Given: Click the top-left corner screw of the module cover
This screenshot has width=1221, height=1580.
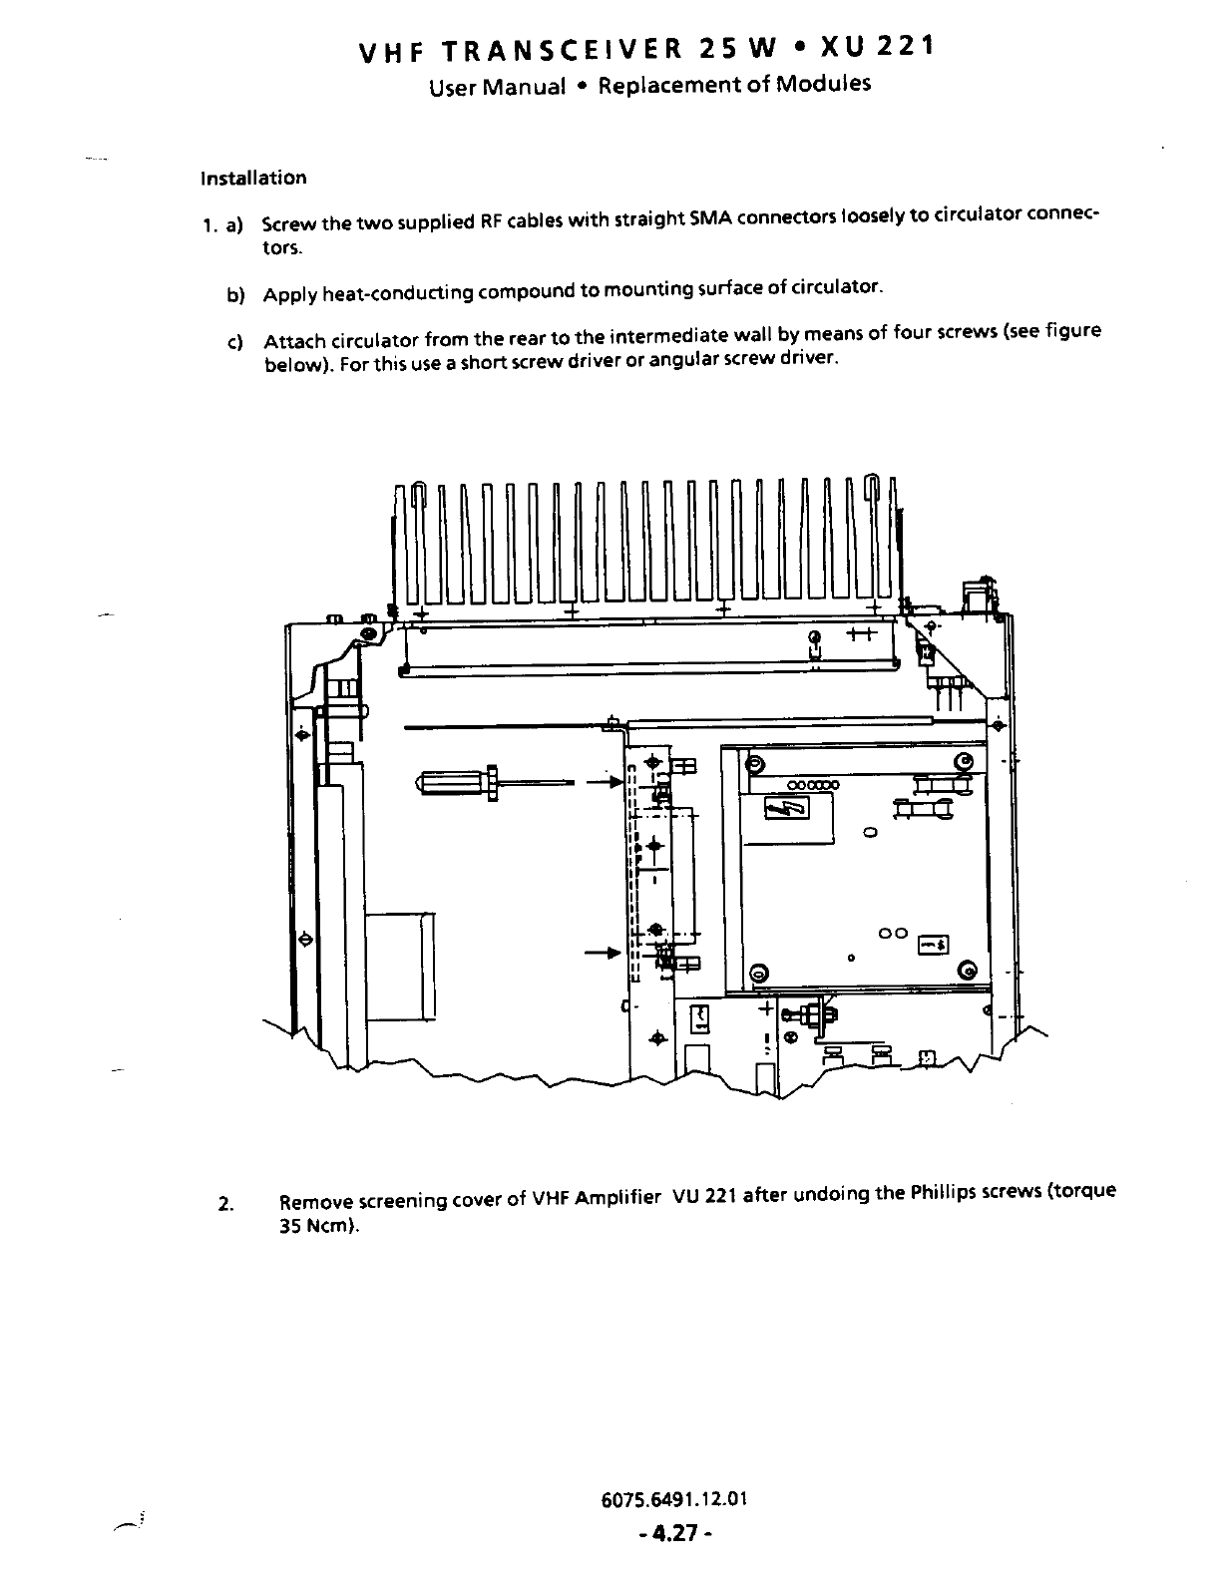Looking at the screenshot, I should (755, 764).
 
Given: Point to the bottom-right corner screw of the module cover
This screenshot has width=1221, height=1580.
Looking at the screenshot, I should (966, 971).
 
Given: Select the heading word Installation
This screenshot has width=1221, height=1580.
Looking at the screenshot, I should (253, 179).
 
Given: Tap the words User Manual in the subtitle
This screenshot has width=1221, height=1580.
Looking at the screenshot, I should (497, 87).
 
